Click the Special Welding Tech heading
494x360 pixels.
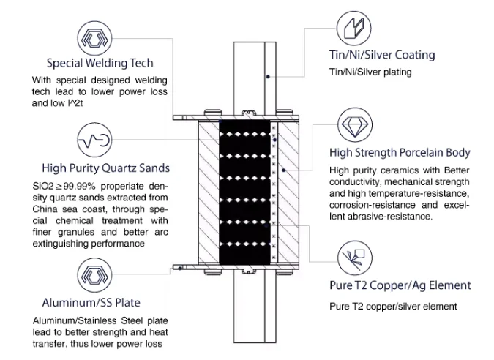100,63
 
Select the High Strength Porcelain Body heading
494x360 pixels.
400,153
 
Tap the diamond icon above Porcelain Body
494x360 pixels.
356,124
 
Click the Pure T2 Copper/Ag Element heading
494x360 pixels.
399,285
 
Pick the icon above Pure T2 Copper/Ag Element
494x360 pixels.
356,258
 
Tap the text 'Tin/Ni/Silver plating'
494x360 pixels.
370,72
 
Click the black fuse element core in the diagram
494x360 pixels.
244,192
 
